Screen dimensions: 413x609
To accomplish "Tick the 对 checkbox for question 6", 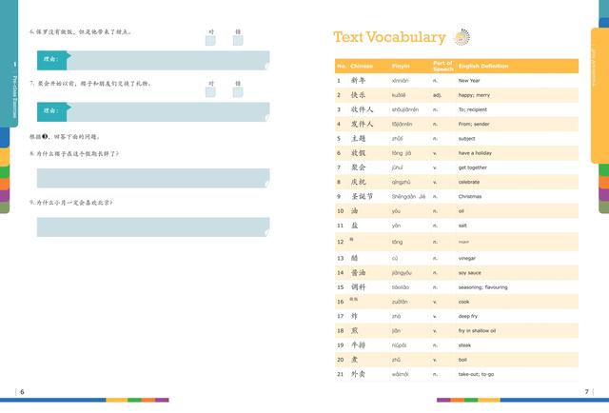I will (x=210, y=40).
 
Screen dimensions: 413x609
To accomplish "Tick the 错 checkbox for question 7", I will (x=238, y=92).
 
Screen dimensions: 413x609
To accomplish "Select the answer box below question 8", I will (x=152, y=178).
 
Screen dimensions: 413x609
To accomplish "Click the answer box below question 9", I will (x=152, y=226).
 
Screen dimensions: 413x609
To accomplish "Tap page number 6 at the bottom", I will (x=22, y=391).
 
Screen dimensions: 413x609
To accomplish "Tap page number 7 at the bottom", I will (x=586, y=391).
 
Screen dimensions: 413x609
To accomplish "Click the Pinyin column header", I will (x=402, y=67).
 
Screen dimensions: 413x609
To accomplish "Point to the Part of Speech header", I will (x=443, y=67).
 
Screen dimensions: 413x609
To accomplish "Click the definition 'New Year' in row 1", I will (x=469, y=81).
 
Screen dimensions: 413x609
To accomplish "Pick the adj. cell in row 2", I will (x=437, y=95).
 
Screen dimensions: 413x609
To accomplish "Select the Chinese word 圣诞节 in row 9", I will (x=363, y=196).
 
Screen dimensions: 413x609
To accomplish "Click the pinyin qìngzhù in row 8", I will (x=401, y=182).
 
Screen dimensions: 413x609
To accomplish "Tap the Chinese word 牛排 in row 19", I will (x=359, y=344).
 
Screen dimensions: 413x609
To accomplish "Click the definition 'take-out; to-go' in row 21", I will (x=476, y=374).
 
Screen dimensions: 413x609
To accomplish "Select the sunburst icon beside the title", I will (x=462, y=37).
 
